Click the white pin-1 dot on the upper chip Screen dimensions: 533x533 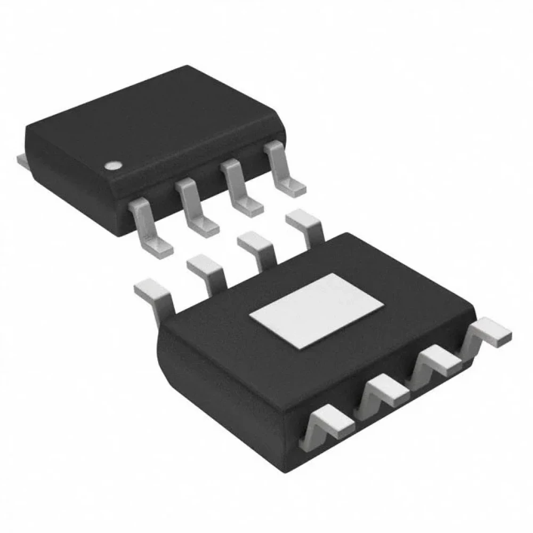pos(112,166)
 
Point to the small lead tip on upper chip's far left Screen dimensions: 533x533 pos(21,158)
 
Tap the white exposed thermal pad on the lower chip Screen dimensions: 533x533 pos(317,309)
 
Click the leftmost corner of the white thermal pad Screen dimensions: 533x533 pos(252,316)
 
